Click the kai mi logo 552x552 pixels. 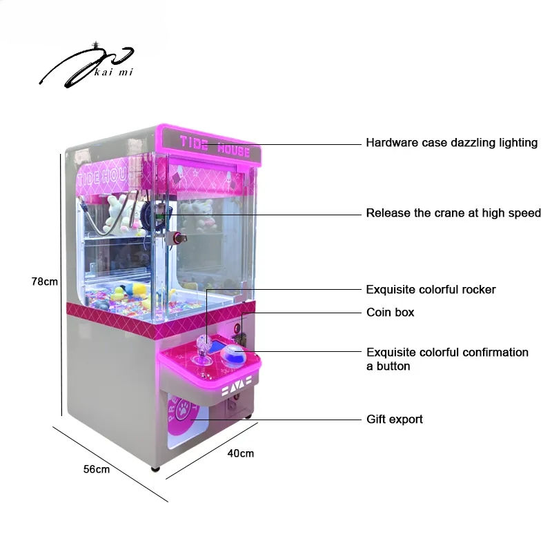pos(86,66)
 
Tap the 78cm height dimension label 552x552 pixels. pos(45,282)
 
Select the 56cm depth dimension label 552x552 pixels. pos(97,469)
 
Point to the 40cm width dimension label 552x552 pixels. pos(240,453)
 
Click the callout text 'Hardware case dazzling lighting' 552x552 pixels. pos(452,143)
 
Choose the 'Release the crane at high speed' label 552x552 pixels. pos(453,213)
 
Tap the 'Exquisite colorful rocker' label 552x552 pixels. pos(431,290)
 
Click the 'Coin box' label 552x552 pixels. pos(390,313)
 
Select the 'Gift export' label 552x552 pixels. pos(394,420)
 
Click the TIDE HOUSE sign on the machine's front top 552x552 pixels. pos(215,146)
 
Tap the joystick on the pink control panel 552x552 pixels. pos(203,348)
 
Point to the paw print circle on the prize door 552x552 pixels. pos(183,409)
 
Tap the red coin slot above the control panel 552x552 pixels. pos(237,328)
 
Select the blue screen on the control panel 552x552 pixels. pos(217,346)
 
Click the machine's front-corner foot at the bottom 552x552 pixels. pos(155,469)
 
